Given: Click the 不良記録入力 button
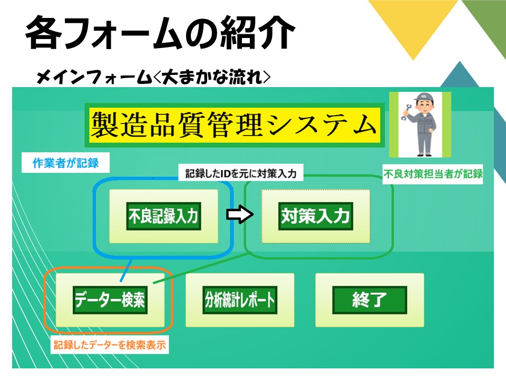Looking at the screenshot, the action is [163, 216].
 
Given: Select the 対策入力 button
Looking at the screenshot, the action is [316, 216].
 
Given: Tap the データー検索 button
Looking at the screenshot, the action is [110, 300].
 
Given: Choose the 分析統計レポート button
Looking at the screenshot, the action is [240, 300].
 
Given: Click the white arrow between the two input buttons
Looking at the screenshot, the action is [240, 215].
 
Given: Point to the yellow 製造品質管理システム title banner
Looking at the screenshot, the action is [235, 125].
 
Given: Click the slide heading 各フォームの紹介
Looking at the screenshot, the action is [160, 33].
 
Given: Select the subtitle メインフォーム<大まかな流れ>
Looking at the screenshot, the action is [153, 77].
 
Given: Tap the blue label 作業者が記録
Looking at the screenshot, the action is [65, 163].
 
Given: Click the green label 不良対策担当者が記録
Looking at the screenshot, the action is [433, 174].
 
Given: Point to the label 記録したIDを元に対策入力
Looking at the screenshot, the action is [241, 173].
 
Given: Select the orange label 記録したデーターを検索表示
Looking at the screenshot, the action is [110, 345].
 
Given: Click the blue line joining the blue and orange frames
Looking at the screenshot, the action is [126, 270].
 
